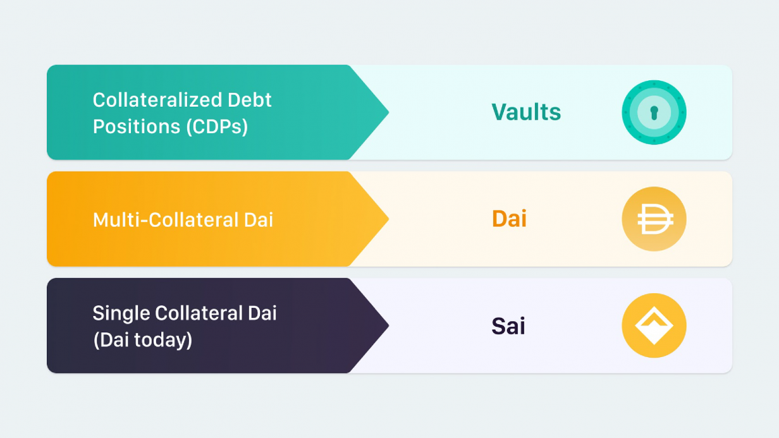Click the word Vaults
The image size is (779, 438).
[x=526, y=112]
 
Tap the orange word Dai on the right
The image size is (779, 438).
[x=510, y=219]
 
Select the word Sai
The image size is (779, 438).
[x=508, y=325]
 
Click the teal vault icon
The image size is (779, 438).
[x=654, y=113]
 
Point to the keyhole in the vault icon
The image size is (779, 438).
[x=654, y=113]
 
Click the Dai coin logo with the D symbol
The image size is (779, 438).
[x=654, y=219]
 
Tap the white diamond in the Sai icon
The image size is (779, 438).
[x=654, y=325]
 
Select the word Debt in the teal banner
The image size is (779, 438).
[x=249, y=100]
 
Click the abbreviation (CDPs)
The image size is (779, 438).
[x=217, y=126]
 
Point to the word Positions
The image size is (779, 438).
[x=137, y=126]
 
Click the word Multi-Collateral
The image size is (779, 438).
[x=166, y=220]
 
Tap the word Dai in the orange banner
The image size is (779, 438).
[x=259, y=220]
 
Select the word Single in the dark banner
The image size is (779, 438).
[x=121, y=313]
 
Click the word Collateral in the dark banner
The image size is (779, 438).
[x=199, y=313]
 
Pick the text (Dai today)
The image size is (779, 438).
[x=143, y=340]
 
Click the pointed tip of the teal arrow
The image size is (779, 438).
[x=388, y=112]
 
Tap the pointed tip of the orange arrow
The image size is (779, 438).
[x=388, y=219]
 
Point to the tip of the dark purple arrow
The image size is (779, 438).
[x=388, y=325]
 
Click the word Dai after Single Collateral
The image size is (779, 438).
[x=262, y=313]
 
